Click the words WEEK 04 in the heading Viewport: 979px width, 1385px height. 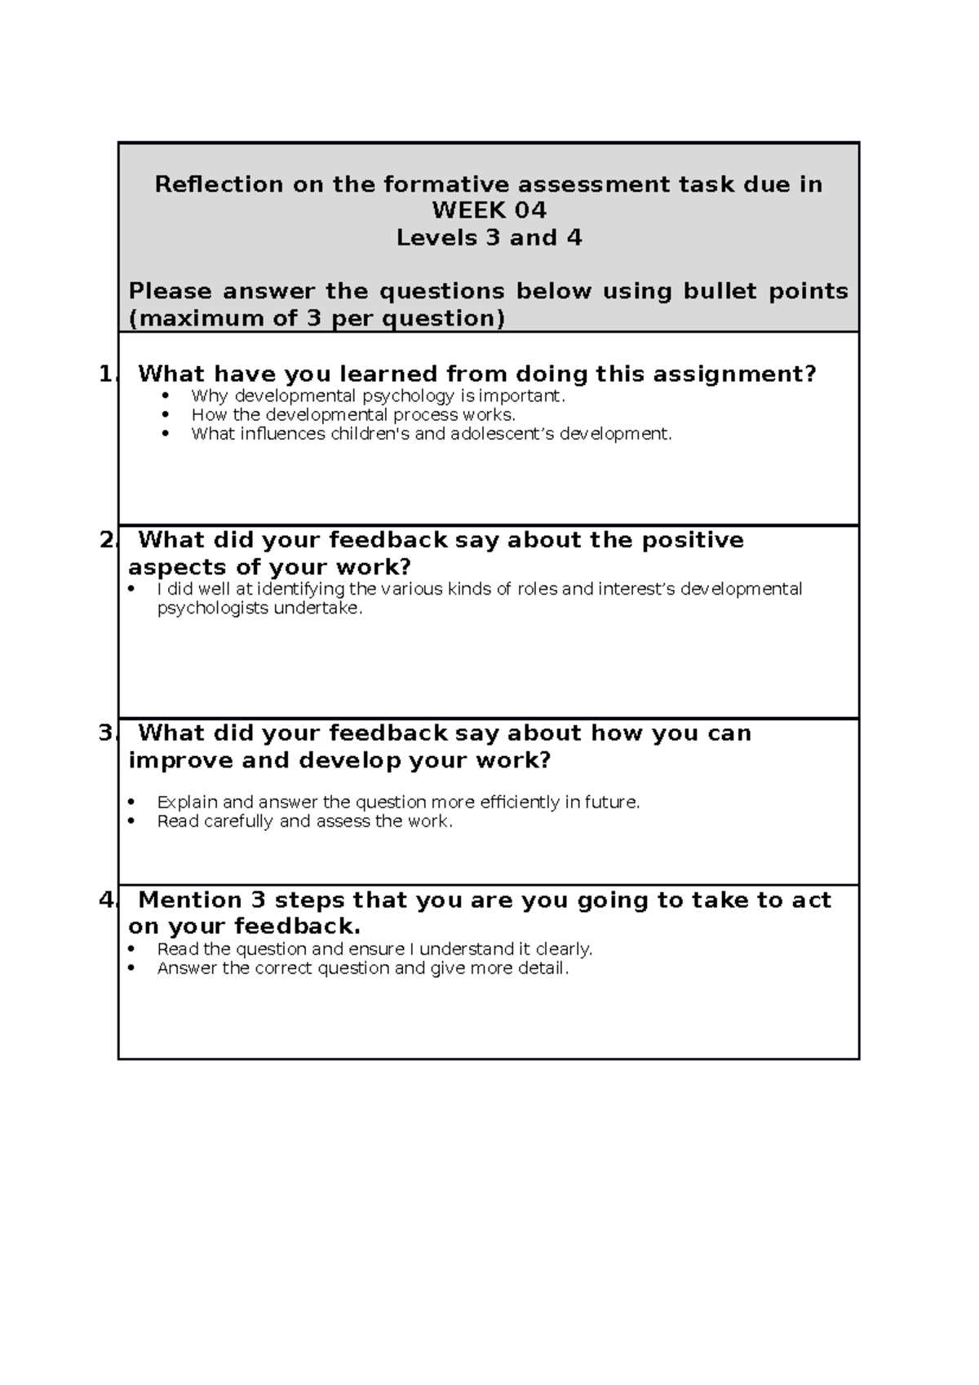(x=489, y=210)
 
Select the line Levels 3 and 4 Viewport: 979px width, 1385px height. (x=489, y=237)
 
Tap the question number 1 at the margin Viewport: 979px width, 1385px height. (x=106, y=374)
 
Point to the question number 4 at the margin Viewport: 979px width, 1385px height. (x=106, y=900)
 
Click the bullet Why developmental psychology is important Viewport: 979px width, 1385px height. (x=377, y=396)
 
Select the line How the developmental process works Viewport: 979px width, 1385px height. (x=352, y=415)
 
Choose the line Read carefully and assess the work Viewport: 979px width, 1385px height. (x=303, y=821)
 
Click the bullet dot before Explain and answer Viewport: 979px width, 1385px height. (x=132, y=803)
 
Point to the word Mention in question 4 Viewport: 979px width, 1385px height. (x=190, y=900)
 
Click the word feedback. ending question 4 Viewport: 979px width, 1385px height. (x=297, y=927)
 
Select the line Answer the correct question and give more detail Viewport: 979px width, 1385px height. (x=362, y=968)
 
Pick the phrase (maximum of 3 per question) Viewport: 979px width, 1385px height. (x=317, y=318)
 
